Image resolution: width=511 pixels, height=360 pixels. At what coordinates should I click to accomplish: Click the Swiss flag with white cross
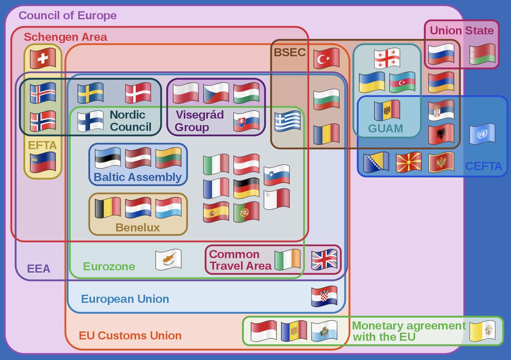point(43,58)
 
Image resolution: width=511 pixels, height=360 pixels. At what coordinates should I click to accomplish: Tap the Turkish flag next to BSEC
point(326,58)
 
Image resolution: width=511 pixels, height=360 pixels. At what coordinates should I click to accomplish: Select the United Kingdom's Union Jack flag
point(324,260)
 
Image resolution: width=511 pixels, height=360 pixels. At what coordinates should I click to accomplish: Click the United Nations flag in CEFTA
point(482,134)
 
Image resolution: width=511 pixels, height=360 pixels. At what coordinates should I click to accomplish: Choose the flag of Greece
point(287,121)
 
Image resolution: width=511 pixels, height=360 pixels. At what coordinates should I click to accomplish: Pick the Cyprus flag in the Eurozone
point(168,259)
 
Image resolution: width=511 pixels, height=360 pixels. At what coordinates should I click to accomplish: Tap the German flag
point(246,188)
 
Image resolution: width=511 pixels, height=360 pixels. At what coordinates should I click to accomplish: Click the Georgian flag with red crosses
point(387,59)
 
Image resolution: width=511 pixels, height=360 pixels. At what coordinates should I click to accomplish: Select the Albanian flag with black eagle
point(441,134)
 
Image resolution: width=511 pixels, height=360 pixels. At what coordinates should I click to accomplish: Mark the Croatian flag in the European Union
point(324,296)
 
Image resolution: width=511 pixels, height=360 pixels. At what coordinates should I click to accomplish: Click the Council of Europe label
point(68,16)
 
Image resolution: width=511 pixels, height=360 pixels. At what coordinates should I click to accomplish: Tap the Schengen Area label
point(66,37)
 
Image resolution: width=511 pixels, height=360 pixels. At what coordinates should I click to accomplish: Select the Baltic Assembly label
point(138,177)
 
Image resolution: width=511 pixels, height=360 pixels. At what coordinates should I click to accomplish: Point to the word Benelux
point(138,227)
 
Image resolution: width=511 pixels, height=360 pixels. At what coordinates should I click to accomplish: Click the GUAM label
point(386,129)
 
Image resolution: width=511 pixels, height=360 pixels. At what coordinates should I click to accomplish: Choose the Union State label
point(462,31)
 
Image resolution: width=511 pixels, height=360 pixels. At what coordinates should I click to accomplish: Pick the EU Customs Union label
point(130,335)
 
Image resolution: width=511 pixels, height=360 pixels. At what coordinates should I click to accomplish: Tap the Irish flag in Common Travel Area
point(287,260)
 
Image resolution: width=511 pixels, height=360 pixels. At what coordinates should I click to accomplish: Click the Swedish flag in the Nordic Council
point(90,93)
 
